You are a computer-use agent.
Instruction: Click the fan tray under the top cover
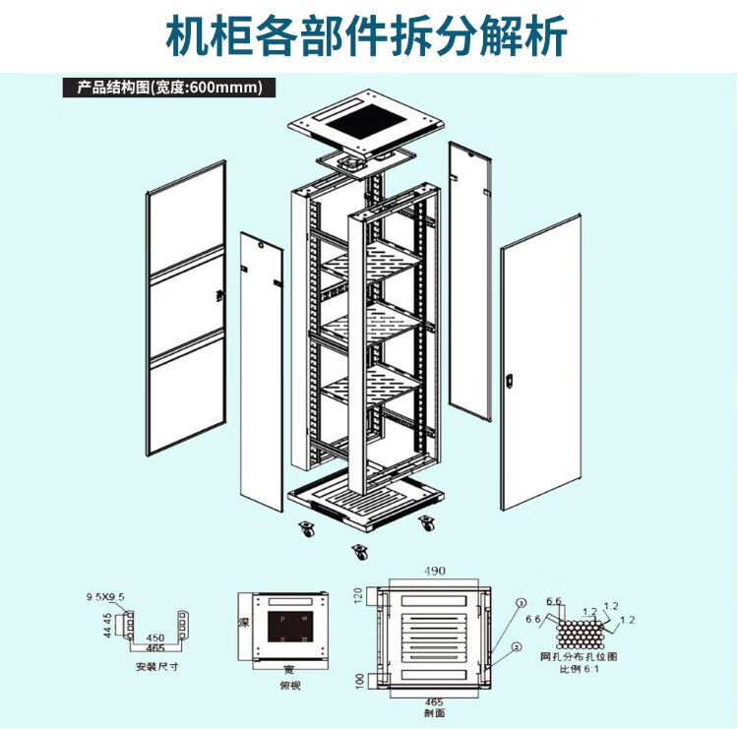click(363, 160)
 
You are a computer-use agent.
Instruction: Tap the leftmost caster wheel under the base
click(307, 529)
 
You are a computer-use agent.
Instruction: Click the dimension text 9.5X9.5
click(105, 597)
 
